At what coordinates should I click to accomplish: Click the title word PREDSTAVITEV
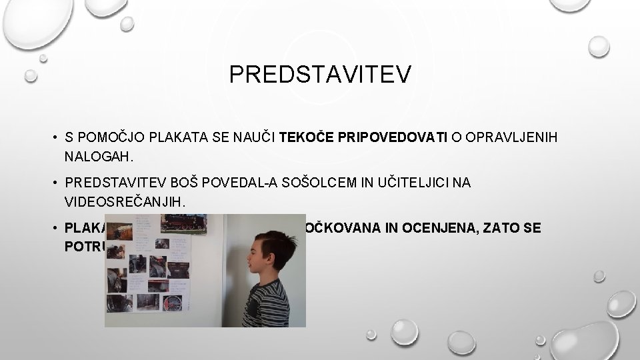321,74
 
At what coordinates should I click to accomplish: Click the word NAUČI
252,139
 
